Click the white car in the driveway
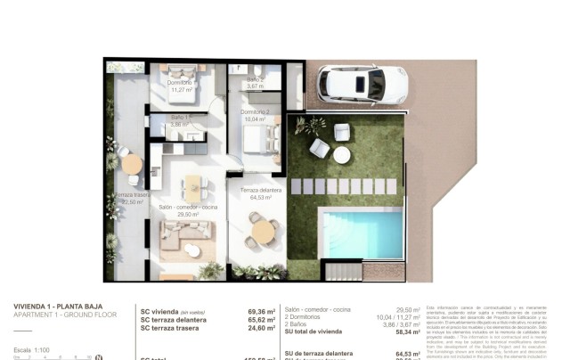click(x=362, y=85)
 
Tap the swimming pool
click(x=362, y=233)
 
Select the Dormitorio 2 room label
click(x=256, y=114)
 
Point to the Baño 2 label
click(x=256, y=82)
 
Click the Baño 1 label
click(x=179, y=121)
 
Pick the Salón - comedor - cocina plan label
click(x=187, y=209)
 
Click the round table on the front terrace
click(x=262, y=232)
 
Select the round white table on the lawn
click(x=341, y=154)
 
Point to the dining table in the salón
click(x=192, y=187)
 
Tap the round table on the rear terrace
click(x=131, y=164)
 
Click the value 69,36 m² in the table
click(x=261, y=312)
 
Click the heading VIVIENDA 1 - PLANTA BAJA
click(x=56, y=307)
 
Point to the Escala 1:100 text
click(x=32, y=348)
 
